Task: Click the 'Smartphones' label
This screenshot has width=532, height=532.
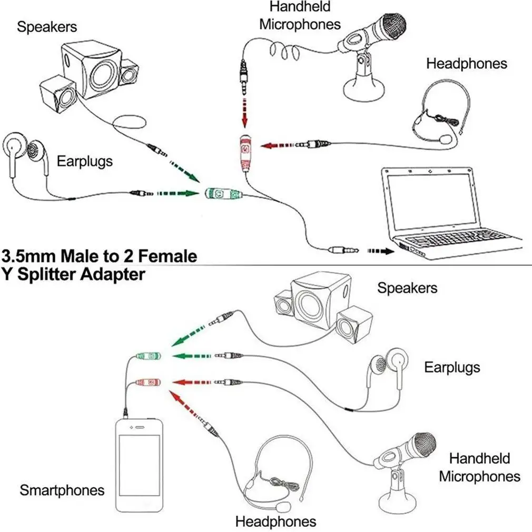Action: tap(62, 490)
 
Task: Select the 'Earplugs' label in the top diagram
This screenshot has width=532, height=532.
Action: tap(85, 161)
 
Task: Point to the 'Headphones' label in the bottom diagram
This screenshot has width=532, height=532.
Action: tap(275, 521)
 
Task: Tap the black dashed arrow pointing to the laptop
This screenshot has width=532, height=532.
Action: tap(380, 251)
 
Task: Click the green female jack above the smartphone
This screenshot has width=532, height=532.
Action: tap(149, 357)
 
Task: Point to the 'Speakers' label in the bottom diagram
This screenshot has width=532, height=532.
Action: tap(407, 288)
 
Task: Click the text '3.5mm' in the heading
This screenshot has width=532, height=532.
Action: tap(31, 257)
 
